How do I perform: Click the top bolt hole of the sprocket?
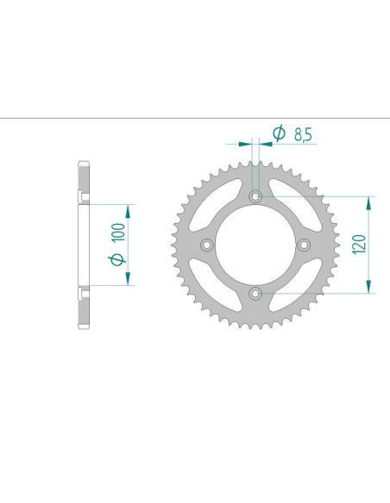coord(255,197)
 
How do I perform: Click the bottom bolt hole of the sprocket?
coord(255,294)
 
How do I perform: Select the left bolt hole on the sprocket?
coord(206,245)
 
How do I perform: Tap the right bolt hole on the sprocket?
coord(303,245)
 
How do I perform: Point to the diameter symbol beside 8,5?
coord(279,134)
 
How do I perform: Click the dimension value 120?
coord(358,245)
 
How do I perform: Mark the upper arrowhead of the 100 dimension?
coord(129,211)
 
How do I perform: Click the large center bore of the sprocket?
coord(255,245)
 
